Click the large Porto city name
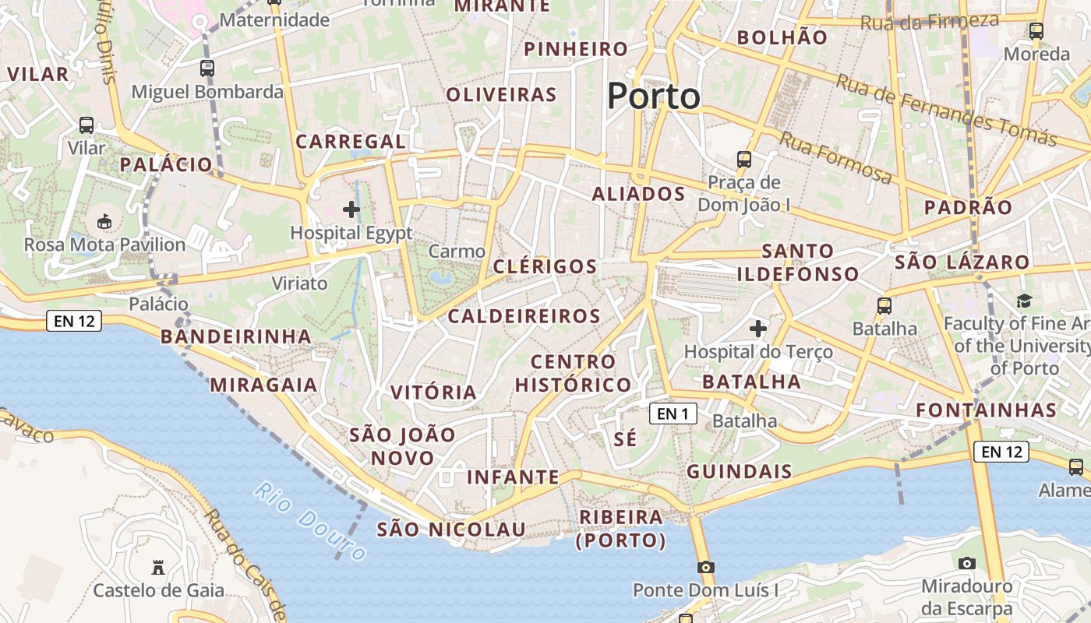click(653, 97)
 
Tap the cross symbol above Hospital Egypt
click(351, 209)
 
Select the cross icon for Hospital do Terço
click(758, 329)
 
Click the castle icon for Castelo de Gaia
click(158, 567)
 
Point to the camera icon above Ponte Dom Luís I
click(706, 567)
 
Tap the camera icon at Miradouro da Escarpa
click(966, 563)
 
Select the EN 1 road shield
click(673, 414)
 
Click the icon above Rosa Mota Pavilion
click(104, 222)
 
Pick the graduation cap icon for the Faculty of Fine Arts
click(1024, 301)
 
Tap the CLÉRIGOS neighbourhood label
click(545, 266)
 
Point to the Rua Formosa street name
click(835, 158)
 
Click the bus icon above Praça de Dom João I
click(744, 160)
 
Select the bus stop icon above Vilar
click(86, 125)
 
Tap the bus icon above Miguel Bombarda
click(207, 69)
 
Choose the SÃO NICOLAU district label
click(451, 530)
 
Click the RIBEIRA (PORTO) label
click(621, 529)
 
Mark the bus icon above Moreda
click(1036, 31)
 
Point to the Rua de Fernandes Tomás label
click(946, 110)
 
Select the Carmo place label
click(457, 252)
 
